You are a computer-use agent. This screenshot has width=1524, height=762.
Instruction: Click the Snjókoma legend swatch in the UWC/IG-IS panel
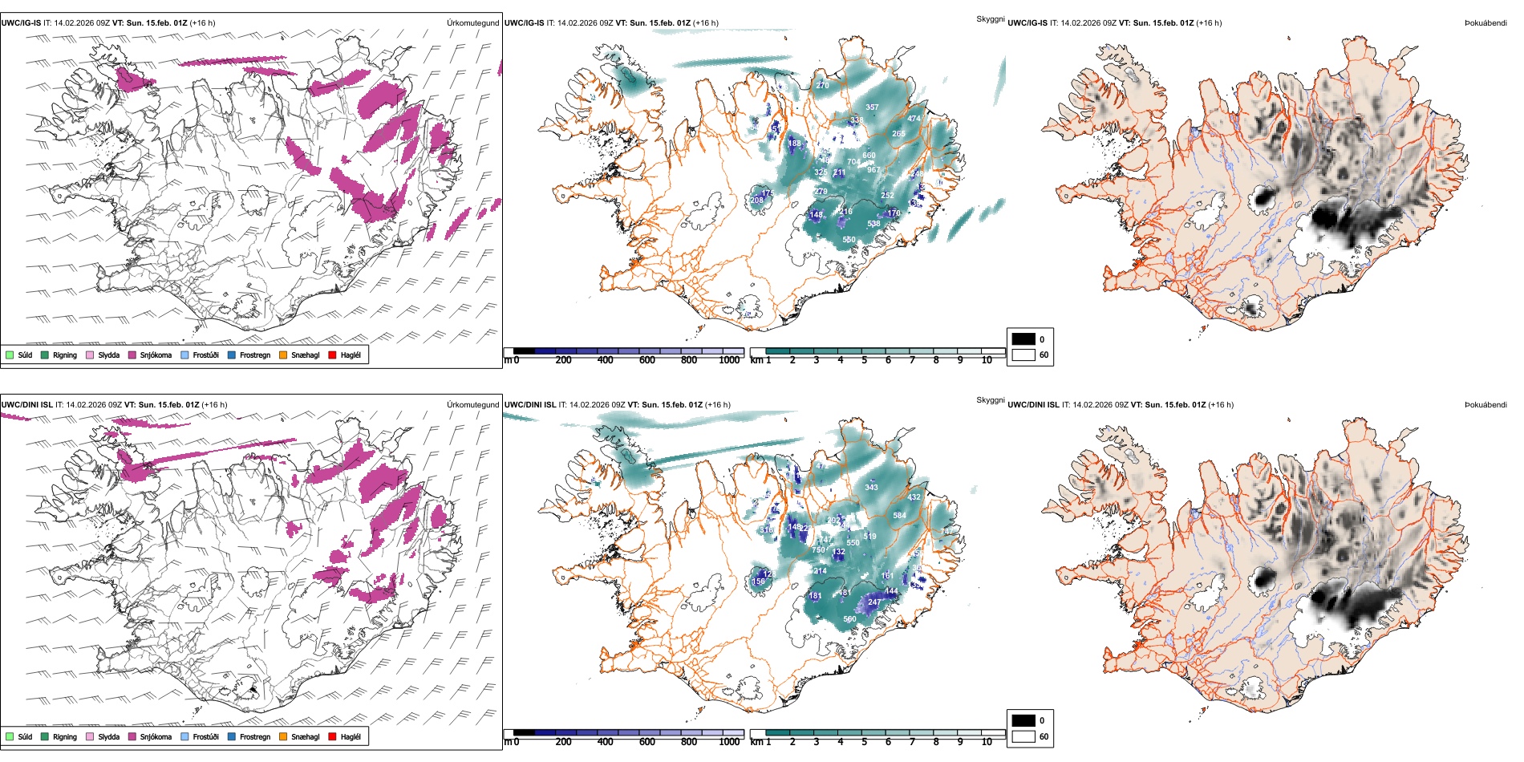(132, 355)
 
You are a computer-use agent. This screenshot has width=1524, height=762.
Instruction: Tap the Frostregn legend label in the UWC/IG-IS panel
(255, 355)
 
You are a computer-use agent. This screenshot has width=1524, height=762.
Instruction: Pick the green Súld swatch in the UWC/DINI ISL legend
(10, 736)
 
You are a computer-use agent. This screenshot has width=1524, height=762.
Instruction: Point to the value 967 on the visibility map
(873, 170)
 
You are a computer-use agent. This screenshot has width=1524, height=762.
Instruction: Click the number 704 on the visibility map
(853, 162)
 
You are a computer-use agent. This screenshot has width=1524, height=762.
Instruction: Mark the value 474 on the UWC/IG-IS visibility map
(914, 119)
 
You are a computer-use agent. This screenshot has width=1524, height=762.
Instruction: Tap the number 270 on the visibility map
(822, 85)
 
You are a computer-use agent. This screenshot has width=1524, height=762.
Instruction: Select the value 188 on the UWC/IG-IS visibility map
(794, 144)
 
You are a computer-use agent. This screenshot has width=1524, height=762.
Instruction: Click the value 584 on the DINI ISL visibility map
(899, 516)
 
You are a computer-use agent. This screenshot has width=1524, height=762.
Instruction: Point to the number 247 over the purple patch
(874, 602)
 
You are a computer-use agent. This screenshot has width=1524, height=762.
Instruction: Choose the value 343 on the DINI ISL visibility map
(871, 487)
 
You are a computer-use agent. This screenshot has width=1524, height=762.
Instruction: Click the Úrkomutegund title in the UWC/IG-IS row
(472, 23)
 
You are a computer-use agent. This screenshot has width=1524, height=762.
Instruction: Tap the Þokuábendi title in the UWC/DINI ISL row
(1485, 405)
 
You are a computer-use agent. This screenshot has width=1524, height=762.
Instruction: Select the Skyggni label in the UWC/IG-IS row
(990, 18)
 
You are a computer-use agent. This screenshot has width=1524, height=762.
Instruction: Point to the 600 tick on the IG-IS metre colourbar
(647, 360)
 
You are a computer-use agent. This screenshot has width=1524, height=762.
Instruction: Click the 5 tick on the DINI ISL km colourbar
(864, 742)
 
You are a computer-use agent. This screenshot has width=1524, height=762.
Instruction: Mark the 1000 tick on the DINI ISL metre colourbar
(729, 742)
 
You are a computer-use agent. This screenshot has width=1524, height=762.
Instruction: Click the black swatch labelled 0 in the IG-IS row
(1023, 338)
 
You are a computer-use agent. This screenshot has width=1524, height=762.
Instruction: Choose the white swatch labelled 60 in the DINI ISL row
(1023, 736)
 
